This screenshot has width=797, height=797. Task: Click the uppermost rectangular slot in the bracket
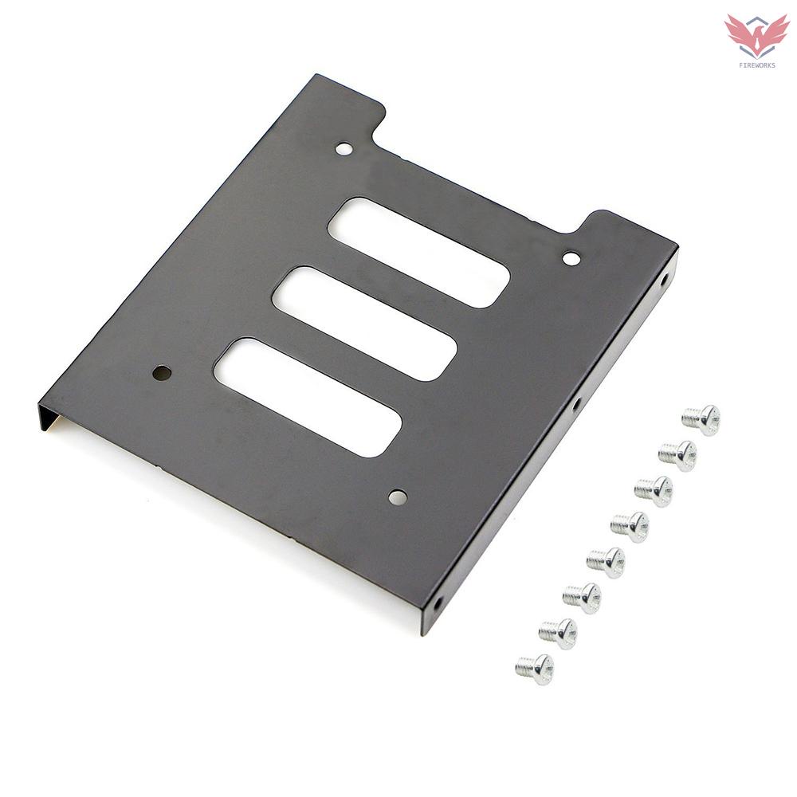pyautogui.click(x=418, y=253)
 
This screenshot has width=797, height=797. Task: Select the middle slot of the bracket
pyautogui.click(x=364, y=324)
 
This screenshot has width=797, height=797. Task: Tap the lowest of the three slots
pyautogui.click(x=308, y=397)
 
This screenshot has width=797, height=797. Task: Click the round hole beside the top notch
pyautogui.click(x=344, y=148)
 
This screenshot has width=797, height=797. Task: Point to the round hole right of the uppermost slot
pyautogui.click(x=571, y=258)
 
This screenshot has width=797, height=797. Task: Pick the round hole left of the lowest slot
pyautogui.click(x=162, y=372)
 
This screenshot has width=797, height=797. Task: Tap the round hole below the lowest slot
pyautogui.click(x=397, y=497)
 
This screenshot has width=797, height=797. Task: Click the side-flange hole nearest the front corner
pyautogui.click(x=438, y=603)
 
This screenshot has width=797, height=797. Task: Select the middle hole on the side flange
pyautogui.click(x=576, y=405)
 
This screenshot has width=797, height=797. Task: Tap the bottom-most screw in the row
pyautogui.click(x=535, y=669)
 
